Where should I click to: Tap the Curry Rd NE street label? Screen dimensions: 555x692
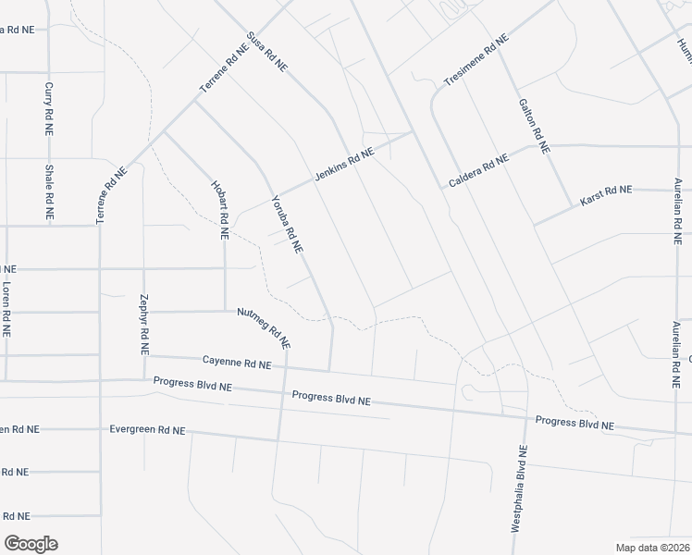pyautogui.click(x=49, y=110)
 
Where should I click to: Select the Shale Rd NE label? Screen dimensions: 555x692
pyautogui.click(x=49, y=191)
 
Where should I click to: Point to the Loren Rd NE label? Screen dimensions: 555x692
pyautogui.click(x=6, y=307)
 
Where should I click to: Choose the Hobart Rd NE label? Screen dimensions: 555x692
pyautogui.click(x=222, y=210)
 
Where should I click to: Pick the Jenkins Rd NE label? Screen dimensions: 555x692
pyautogui.click(x=343, y=164)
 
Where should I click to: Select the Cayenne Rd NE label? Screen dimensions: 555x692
pyautogui.click(x=237, y=362)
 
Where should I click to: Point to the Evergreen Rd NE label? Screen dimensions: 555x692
pyautogui.click(x=147, y=430)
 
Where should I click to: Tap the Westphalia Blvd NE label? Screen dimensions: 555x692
pyautogui.click(x=519, y=489)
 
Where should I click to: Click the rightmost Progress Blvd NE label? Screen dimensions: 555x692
pyautogui.click(x=575, y=424)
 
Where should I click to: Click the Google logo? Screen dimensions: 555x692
pyautogui.click(x=31, y=544)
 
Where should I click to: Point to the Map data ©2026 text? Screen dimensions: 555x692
pyautogui.click(x=652, y=548)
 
